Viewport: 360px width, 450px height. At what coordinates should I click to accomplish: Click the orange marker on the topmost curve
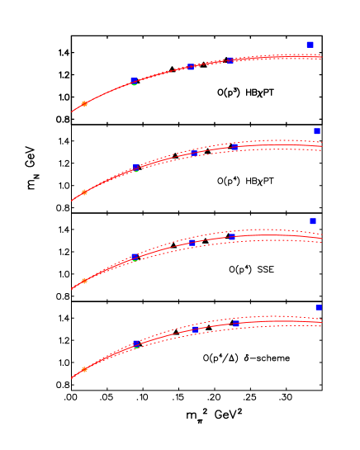click(84, 104)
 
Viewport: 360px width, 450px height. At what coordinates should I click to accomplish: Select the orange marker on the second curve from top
click(84, 192)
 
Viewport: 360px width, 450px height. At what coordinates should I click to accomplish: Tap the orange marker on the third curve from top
click(84, 281)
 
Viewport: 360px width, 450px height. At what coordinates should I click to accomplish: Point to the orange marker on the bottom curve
click(84, 369)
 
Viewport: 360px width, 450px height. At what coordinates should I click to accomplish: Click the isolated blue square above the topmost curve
click(310, 45)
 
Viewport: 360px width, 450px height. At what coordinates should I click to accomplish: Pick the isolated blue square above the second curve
click(316, 131)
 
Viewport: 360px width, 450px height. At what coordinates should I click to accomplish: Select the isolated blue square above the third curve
click(313, 220)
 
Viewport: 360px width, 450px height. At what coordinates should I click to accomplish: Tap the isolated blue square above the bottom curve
click(318, 307)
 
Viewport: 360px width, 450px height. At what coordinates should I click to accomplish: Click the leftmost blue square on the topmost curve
click(134, 81)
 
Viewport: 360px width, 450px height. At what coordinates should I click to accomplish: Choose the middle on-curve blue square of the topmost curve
click(191, 67)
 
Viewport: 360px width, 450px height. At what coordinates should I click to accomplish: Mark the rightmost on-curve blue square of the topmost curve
click(230, 60)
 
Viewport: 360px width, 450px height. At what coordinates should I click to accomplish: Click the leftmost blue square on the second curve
click(136, 168)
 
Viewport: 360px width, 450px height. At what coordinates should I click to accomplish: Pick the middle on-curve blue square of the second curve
click(194, 153)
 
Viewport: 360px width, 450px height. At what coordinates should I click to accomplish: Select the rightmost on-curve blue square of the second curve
click(234, 146)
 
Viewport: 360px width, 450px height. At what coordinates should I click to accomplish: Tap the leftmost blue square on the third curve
click(135, 257)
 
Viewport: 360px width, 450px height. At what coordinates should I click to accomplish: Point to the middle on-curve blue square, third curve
click(192, 242)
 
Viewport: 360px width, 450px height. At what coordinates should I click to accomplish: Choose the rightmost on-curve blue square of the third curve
click(232, 237)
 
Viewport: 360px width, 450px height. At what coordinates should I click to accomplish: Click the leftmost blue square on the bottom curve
click(136, 343)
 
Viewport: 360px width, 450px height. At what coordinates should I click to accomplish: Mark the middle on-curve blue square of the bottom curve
click(196, 329)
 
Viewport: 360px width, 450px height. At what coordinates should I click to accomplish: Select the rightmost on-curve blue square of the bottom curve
click(235, 323)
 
